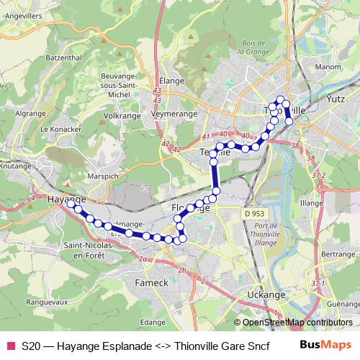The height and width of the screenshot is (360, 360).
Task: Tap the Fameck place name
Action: tap(151, 283)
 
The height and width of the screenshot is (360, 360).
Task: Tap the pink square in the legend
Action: tap(9, 345)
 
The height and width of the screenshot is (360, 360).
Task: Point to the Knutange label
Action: tap(15, 165)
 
